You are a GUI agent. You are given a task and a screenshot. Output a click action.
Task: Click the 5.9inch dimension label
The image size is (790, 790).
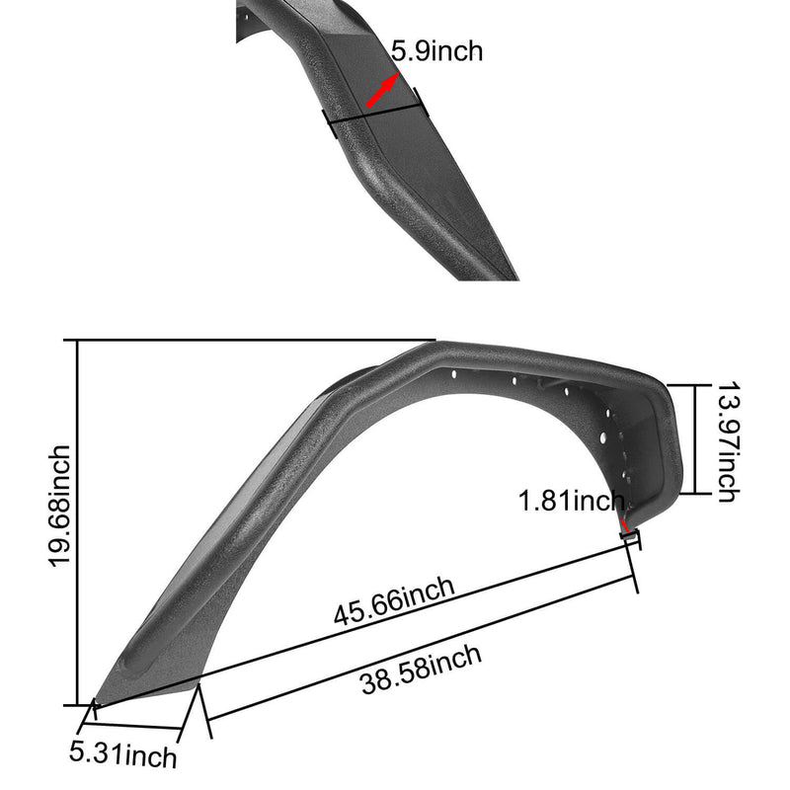pyautogui.click(x=437, y=51)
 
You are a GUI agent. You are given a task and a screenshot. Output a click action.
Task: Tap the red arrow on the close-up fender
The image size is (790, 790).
pyautogui.click(x=383, y=92)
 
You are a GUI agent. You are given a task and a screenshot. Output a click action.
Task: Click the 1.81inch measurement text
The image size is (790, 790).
pyautogui.click(x=572, y=501)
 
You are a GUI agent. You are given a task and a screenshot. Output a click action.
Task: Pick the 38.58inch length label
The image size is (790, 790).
pyautogui.click(x=421, y=669)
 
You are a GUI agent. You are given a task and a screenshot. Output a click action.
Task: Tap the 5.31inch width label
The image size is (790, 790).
pyautogui.click(x=123, y=755)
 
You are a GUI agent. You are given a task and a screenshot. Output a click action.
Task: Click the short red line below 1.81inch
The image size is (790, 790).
pyautogui.click(x=623, y=522)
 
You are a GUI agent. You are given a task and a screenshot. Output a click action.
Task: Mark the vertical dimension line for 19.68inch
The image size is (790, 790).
pyautogui.click(x=77, y=523)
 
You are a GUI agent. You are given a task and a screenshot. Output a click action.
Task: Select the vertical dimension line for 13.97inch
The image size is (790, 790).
pyautogui.click(x=697, y=439)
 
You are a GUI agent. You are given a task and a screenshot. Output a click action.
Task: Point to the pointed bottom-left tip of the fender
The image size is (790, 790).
pyautogui.click(x=100, y=703)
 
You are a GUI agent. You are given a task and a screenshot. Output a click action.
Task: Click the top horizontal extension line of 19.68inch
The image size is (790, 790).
pyautogui.click(x=247, y=342)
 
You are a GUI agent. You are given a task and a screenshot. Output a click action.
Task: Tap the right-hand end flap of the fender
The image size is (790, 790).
pyautogui.click(x=662, y=454)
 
